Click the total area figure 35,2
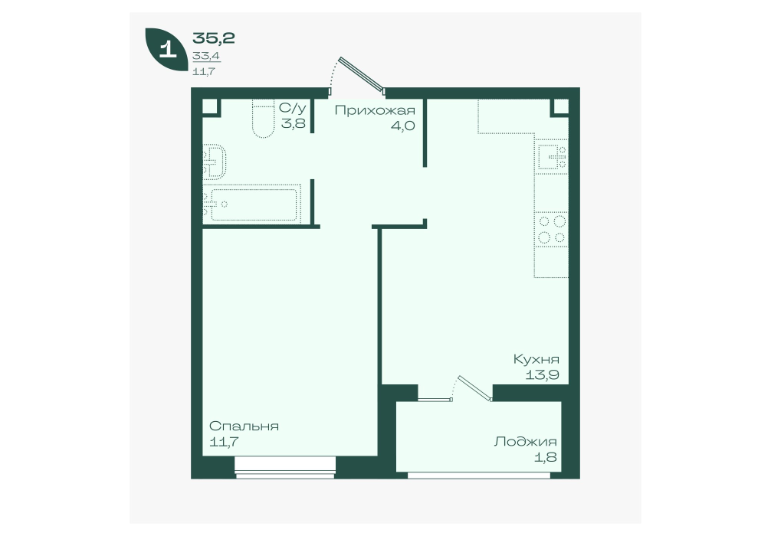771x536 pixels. pos(213,38)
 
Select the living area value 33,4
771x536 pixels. pos(206,56)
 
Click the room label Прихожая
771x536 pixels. pos(375,110)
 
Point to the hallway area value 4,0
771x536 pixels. pos(402,126)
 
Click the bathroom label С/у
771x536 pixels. pos(292,108)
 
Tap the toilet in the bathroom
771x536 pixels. pos(263,119)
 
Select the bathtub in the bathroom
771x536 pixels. pos(251,204)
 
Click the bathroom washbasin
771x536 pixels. pos(215,162)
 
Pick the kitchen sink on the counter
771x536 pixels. pos(551,156)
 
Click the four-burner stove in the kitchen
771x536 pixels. pos(552,230)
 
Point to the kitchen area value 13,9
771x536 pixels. pos(543,376)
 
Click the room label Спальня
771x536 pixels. pos(244,426)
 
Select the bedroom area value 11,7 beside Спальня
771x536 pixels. pos(225,442)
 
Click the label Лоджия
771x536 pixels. pos(525,442)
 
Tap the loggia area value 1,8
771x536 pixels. pos(546,457)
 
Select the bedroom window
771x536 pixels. pos(285,467)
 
